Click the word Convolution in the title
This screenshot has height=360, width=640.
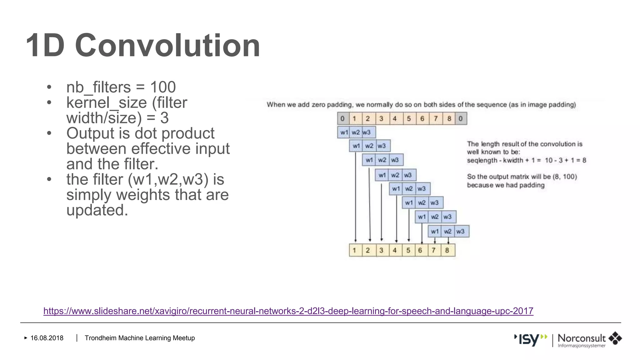coord(167,46)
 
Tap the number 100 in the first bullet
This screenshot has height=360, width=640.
coord(163,87)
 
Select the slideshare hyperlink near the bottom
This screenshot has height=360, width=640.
coord(288,311)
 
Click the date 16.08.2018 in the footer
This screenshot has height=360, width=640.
coord(47,338)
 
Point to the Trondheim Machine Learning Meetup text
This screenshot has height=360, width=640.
coord(140,338)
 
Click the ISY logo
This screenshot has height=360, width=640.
coord(531,339)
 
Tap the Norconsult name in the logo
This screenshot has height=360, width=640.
coord(581,338)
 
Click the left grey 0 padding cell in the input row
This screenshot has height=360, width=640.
coord(342,118)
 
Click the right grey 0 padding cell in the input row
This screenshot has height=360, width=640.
coord(460,118)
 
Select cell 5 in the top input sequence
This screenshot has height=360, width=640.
coord(409,118)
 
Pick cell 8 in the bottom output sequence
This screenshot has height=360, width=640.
coord(447,250)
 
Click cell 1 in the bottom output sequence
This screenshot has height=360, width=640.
coord(354,250)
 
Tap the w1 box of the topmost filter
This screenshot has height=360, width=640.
coord(343,132)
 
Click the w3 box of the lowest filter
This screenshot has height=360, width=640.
coord(461,232)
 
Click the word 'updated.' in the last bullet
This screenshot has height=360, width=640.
coord(97,210)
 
